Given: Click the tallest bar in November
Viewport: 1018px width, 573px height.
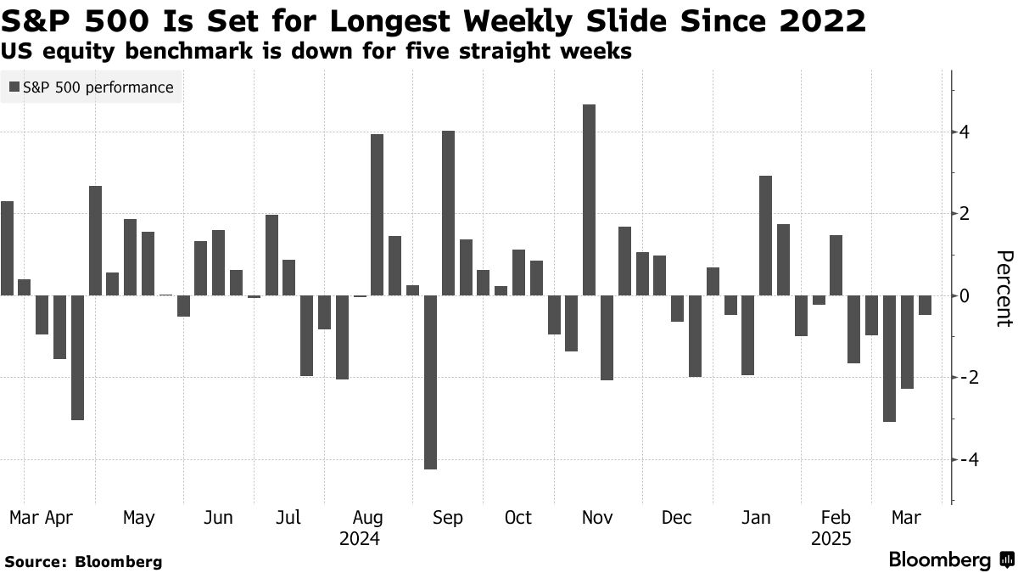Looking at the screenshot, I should click(x=590, y=199).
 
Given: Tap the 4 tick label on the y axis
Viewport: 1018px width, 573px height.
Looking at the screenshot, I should click(x=965, y=132).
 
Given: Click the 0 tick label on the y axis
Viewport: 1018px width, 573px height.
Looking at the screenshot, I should click(x=965, y=295).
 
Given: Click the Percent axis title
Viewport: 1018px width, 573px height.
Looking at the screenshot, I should click(x=1004, y=289).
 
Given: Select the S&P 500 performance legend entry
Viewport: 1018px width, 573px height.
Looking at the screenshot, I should click(x=92, y=87).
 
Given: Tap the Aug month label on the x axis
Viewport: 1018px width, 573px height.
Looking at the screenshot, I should click(x=367, y=518).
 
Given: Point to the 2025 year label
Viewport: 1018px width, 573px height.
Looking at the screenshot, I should click(x=831, y=539).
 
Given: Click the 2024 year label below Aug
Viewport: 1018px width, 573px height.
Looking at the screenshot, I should click(x=359, y=539).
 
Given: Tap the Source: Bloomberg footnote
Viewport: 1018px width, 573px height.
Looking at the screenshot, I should click(x=83, y=561).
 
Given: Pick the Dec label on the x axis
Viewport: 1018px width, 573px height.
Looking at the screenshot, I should click(x=676, y=518).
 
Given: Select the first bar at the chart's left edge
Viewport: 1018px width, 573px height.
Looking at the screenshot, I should click(x=7, y=248).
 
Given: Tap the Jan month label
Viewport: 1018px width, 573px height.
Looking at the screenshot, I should click(x=755, y=518).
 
